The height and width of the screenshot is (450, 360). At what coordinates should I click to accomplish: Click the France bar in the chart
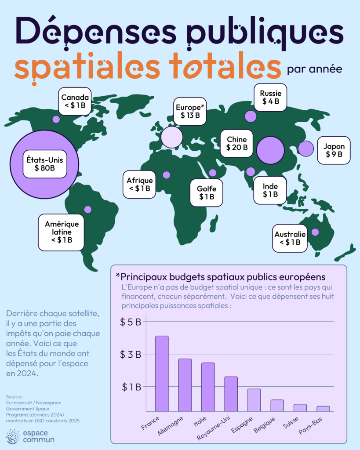coord(162,374)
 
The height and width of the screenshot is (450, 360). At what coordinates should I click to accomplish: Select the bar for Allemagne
coord(185,385)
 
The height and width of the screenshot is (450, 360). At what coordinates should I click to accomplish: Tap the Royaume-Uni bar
coord(231,394)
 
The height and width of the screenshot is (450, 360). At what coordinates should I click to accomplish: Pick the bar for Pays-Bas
coord(323,409)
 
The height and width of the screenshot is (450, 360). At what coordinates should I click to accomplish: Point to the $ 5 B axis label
coord(131,322)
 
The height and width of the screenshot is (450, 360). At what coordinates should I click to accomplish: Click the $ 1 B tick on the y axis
coord(131,387)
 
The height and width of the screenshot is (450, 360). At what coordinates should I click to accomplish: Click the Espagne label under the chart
coord(242,425)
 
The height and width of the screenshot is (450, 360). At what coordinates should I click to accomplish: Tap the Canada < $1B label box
coord(75,102)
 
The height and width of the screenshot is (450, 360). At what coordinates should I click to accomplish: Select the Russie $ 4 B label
coord(270,97)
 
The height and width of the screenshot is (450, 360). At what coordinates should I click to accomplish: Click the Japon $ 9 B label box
coord(334,150)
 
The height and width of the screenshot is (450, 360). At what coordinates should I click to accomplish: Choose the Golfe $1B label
coord(207,192)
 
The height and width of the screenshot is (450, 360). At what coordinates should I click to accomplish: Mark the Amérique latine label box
coord(61,232)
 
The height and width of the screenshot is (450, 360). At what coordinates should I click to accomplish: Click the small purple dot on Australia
coord(315,232)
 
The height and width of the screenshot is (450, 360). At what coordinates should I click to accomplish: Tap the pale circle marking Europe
coord(172,137)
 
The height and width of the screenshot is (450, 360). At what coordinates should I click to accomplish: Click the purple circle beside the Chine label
coord(270,150)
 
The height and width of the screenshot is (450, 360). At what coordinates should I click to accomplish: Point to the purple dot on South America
coord(88,210)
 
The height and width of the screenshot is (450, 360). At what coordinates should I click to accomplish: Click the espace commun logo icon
coord(13,436)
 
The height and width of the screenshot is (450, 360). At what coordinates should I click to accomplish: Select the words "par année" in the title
coord(315,69)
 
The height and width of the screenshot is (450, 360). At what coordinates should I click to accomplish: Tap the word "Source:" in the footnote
coord(15,397)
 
